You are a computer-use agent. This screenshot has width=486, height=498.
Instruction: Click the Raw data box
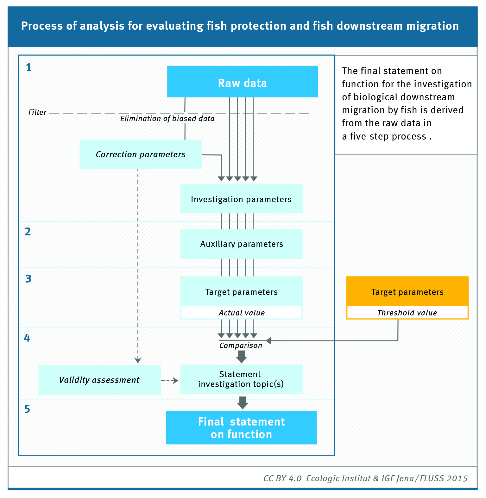(242, 82)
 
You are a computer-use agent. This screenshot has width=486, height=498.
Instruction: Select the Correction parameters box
(141, 154)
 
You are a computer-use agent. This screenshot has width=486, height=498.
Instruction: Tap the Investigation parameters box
(241, 199)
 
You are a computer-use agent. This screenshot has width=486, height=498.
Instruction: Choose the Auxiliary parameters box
(241, 244)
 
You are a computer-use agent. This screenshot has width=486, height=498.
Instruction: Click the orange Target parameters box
(407, 291)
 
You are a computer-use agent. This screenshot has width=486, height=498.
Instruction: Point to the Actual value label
(242, 313)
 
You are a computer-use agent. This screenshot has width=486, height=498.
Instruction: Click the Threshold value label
(407, 313)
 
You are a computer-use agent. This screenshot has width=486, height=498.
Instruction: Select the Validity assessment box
(99, 380)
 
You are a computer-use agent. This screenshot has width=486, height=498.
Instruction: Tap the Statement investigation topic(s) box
(241, 379)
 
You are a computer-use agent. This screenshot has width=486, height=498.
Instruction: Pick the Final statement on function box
(241, 428)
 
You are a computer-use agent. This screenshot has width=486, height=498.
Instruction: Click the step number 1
(28, 68)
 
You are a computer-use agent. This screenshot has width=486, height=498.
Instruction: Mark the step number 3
(28, 279)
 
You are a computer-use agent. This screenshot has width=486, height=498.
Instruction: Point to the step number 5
(27, 409)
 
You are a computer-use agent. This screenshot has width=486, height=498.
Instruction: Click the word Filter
(37, 112)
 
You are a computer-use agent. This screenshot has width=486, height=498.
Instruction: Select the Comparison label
(241, 345)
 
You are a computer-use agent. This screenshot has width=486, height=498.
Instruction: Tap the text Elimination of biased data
(167, 119)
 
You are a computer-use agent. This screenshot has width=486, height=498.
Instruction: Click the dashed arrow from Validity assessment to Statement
(170, 381)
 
